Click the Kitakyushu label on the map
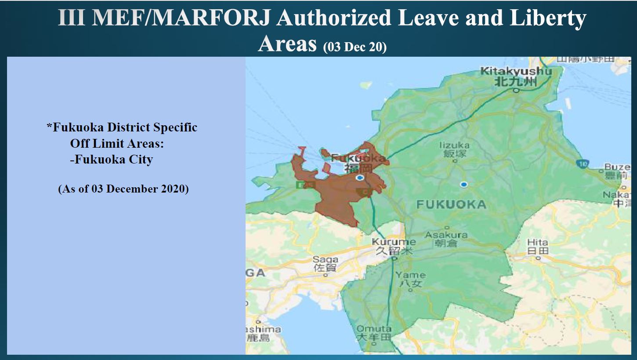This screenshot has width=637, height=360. (x=516, y=76)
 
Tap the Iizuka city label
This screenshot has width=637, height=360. (x=454, y=149)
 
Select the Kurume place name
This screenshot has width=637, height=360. (x=394, y=246)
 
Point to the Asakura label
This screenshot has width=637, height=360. (x=446, y=239)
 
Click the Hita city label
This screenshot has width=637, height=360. (x=538, y=247)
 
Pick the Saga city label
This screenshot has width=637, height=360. (x=326, y=263)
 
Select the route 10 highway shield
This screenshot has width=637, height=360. (x=583, y=164)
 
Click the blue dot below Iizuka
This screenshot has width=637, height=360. (x=463, y=185)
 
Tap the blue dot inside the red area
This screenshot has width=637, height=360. (x=360, y=178)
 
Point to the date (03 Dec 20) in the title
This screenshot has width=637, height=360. (x=355, y=47)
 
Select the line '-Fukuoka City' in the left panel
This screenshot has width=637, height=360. (x=111, y=159)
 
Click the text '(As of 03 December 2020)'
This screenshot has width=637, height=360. (x=123, y=189)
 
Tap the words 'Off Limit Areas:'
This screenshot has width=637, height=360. (x=116, y=143)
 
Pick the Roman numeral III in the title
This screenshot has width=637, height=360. (x=71, y=18)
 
